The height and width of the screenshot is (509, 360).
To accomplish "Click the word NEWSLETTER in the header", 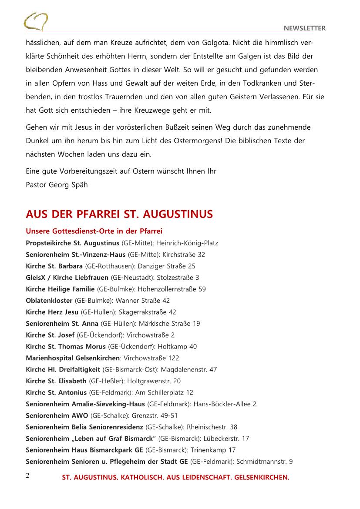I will (x=305, y=28).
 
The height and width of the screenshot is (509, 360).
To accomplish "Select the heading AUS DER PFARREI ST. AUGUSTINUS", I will (x=119, y=214).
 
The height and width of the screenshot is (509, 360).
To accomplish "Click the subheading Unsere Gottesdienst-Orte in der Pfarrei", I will (x=94, y=231).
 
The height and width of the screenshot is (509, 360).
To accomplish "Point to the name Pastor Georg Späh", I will (x=57, y=184).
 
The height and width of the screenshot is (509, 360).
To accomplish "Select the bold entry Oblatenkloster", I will (x=49, y=300).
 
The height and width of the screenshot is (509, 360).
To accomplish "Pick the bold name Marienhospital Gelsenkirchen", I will (x=72, y=358).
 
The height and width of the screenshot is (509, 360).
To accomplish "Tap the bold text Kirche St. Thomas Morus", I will (x=66, y=346).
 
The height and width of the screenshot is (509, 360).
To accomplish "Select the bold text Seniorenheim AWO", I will (x=57, y=415).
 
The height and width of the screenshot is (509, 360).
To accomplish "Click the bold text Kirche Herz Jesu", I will (x=52, y=312).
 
